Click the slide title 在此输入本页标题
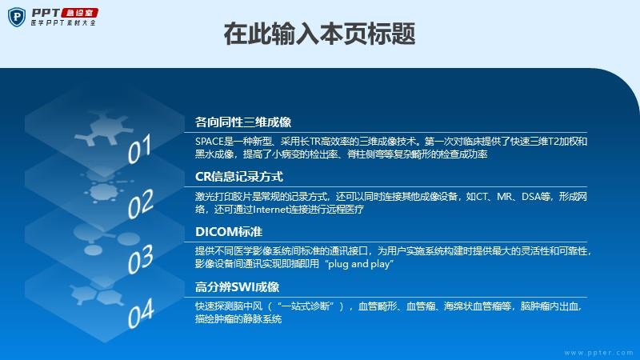(x=319, y=34)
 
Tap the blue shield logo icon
(x=17, y=17)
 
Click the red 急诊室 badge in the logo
(x=79, y=13)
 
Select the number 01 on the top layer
(x=139, y=149)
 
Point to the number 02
(x=141, y=204)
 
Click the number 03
(x=141, y=258)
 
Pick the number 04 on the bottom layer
(x=141, y=314)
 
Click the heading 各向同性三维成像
(x=243, y=122)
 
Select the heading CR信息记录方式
(x=238, y=177)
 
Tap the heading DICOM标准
(x=229, y=232)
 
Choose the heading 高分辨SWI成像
(x=237, y=287)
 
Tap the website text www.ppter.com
(x=598, y=353)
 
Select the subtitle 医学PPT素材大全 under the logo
(x=63, y=23)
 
